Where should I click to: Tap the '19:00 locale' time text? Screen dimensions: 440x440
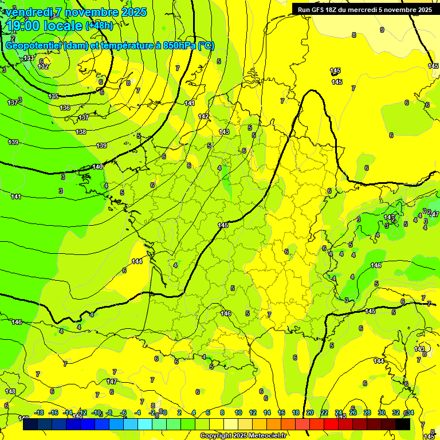click(45, 26)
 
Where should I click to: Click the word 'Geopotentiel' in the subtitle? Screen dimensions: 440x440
click(33, 46)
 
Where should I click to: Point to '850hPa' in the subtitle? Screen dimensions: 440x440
click(178, 46)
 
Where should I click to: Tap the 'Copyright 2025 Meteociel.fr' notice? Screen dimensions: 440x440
click(243, 436)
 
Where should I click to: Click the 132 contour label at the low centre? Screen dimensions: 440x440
click(43, 66)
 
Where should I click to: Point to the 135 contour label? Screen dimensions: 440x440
click(54, 96)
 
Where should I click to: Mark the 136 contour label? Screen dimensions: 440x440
click(65, 108)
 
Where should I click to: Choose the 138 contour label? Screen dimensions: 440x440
click(81, 132)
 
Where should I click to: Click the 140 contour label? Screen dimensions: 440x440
click(98, 167)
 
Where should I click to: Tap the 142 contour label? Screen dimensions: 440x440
click(203, 116)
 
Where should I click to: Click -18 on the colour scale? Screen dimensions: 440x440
click(39, 412)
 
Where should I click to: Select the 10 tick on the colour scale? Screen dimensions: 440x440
click(238, 412)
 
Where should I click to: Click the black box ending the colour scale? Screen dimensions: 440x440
click(403, 425)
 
